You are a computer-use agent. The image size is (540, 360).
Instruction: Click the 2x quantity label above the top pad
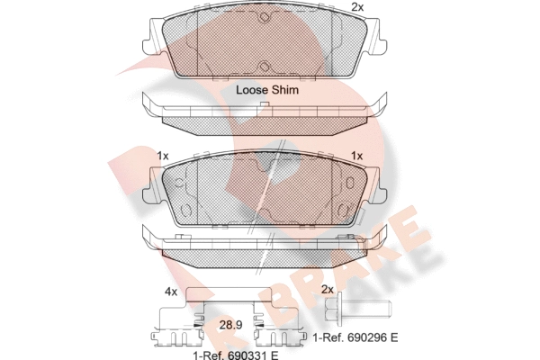(x=357, y=7)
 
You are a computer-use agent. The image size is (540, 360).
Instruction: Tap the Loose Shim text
(x=267, y=90)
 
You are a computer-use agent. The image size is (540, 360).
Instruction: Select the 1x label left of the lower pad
(x=163, y=156)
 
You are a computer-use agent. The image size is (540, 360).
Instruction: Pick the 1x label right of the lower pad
(x=356, y=156)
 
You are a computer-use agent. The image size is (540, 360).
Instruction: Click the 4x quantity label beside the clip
(x=171, y=292)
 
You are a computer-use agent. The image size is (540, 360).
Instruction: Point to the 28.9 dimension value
(x=230, y=325)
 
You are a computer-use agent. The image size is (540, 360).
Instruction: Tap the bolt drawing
(x=358, y=309)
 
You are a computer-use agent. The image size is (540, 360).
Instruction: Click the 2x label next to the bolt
(x=328, y=290)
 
